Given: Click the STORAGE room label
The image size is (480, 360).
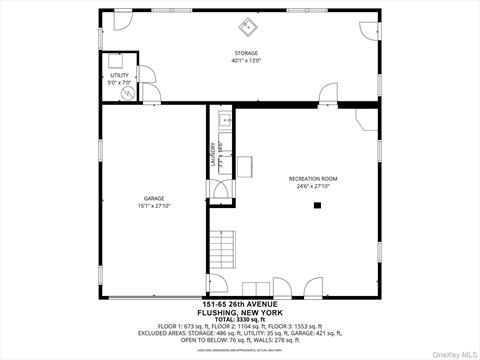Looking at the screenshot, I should tap(246, 53).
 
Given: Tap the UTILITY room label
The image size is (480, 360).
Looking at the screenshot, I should tap(119, 75).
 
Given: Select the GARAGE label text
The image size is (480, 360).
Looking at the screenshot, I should tap(154, 198).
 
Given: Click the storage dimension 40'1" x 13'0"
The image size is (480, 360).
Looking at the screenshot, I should tap(246, 61).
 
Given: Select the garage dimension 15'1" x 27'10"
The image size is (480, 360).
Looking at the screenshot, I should tap(154, 206).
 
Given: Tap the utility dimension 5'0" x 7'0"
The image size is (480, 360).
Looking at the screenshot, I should tap(119, 82).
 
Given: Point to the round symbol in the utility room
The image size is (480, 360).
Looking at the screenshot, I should tap(128, 93).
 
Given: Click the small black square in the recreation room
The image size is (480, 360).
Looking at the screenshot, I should tap(317, 206).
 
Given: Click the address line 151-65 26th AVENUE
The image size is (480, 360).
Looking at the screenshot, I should tap(240, 304).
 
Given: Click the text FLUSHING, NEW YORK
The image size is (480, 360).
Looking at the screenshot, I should tap(240, 312).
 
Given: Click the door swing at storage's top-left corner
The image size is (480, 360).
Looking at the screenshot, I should tap(120, 22).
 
